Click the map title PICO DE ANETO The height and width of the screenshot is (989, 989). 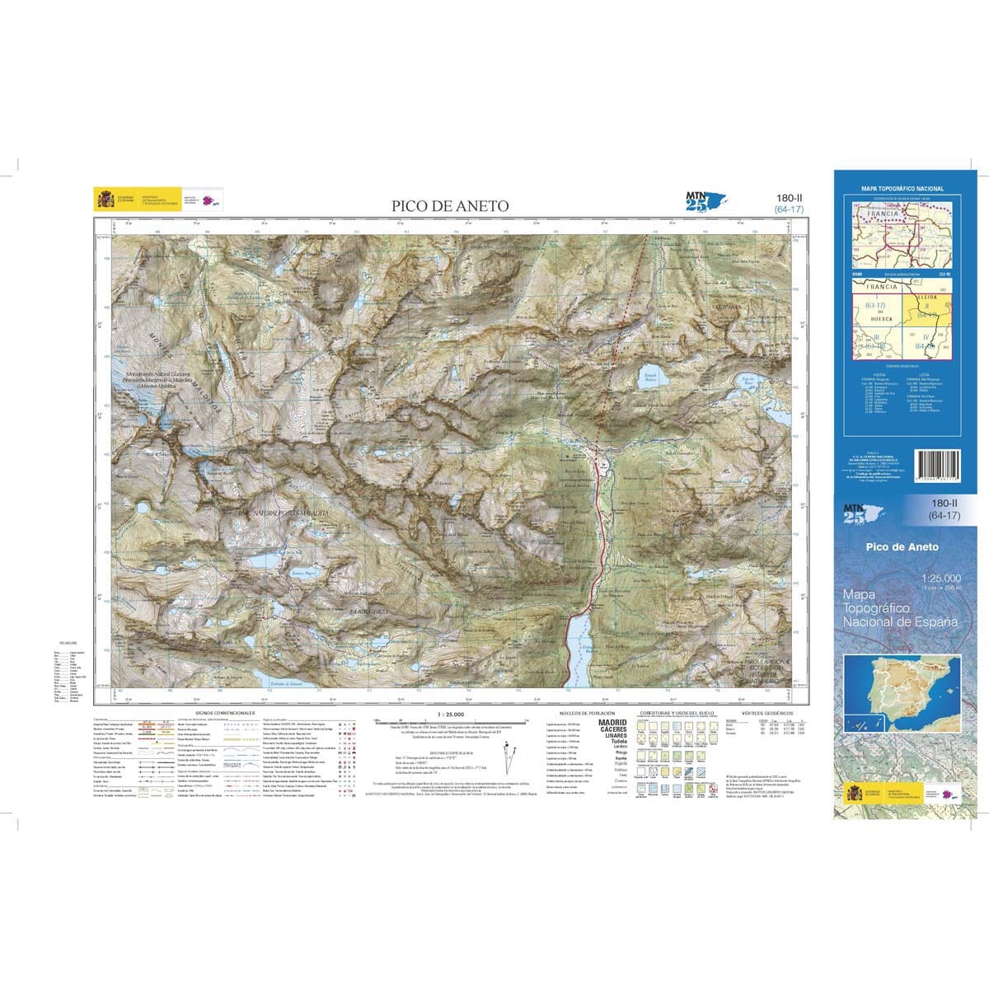coord(451,206)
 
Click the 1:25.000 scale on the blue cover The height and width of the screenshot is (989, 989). coord(941,578)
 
